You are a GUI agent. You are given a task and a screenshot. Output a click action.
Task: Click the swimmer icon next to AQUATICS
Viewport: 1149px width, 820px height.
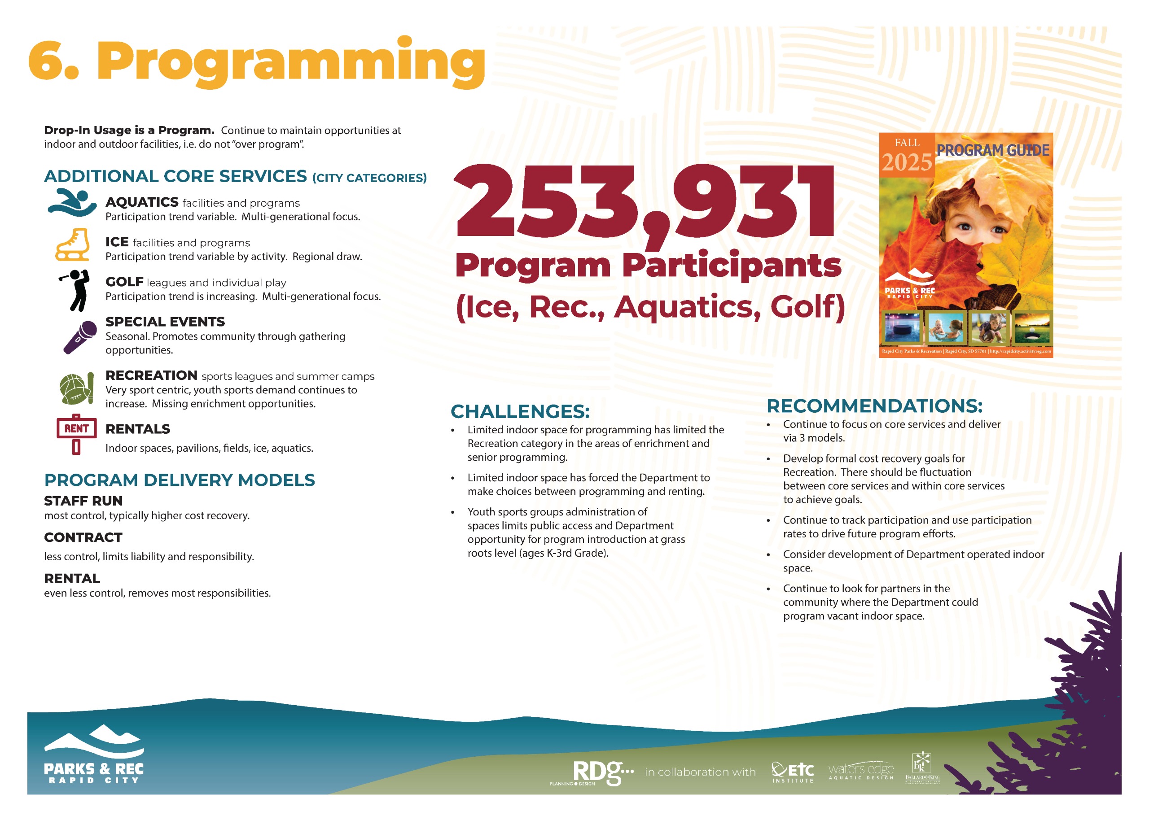72,202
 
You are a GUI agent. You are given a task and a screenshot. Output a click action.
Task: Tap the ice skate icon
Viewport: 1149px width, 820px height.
73,244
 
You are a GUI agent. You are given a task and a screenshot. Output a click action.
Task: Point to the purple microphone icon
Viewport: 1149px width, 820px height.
80,337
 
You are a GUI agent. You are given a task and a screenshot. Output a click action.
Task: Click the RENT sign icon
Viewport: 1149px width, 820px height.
76,434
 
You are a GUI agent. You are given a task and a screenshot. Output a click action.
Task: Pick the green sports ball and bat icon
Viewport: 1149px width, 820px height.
76,388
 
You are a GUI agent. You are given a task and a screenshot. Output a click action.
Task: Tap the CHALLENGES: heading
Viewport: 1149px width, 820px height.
520,411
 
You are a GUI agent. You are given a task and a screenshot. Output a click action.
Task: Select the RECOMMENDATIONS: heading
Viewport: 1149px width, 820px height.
874,406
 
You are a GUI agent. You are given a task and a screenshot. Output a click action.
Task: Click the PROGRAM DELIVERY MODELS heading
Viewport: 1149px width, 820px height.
179,480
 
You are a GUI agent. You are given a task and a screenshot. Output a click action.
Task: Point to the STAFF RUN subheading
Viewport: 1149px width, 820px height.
83,501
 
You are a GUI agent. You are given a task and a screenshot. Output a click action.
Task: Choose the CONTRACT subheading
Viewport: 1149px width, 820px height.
83,537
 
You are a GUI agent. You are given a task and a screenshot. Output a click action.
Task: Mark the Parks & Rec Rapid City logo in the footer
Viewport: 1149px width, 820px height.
94,754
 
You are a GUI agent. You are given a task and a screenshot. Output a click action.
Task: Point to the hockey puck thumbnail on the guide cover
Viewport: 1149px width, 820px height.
902,327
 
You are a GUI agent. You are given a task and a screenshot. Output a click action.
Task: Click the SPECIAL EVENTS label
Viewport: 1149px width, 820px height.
165,322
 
